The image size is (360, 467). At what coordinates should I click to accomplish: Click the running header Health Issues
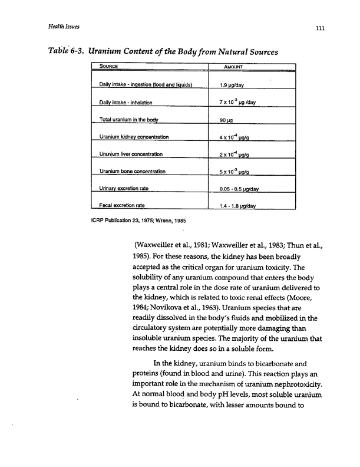click(65, 27)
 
